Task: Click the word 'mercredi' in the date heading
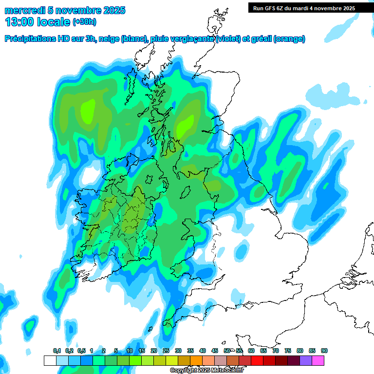pos(23,10)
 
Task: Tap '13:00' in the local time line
pos(20,22)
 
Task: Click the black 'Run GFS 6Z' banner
pos(304,8)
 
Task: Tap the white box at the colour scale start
pos(50,360)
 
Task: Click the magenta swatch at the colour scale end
pos(318,360)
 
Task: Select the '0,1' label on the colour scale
pos(57,351)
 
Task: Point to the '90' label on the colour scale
pos(324,351)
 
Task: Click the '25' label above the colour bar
pos(166,351)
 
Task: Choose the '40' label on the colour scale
pos(203,351)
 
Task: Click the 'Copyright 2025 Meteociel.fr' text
pos(206,370)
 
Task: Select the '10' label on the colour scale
pos(130,351)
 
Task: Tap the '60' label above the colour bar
pos(251,351)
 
